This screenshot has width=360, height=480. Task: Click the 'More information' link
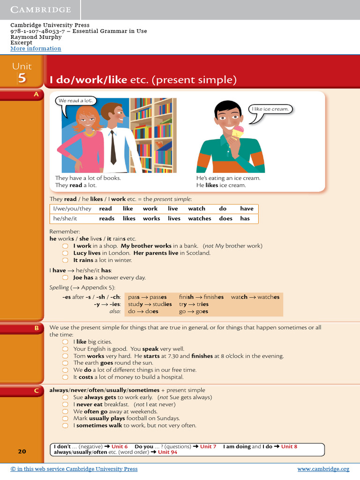coord(36,49)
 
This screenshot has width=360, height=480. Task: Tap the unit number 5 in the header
coord(22,78)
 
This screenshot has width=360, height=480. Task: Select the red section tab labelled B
coord(36,329)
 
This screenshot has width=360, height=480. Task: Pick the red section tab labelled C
coord(36,390)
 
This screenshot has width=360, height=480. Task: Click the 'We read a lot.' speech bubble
coord(75,101)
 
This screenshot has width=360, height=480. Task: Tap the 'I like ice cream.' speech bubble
coord(270,109)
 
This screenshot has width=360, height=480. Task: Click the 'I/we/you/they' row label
coord(72,209)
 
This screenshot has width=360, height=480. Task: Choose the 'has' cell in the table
coord(245,218)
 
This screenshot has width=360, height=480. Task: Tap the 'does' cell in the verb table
coord(225,218)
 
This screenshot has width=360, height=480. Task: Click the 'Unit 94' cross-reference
coord(167,452)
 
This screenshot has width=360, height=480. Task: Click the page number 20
coord(22,451)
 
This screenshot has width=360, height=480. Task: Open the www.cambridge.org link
coord(323,469)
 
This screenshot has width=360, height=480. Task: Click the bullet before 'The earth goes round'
coord(66,363)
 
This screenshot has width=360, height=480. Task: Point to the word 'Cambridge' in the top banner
coord(41,10)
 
